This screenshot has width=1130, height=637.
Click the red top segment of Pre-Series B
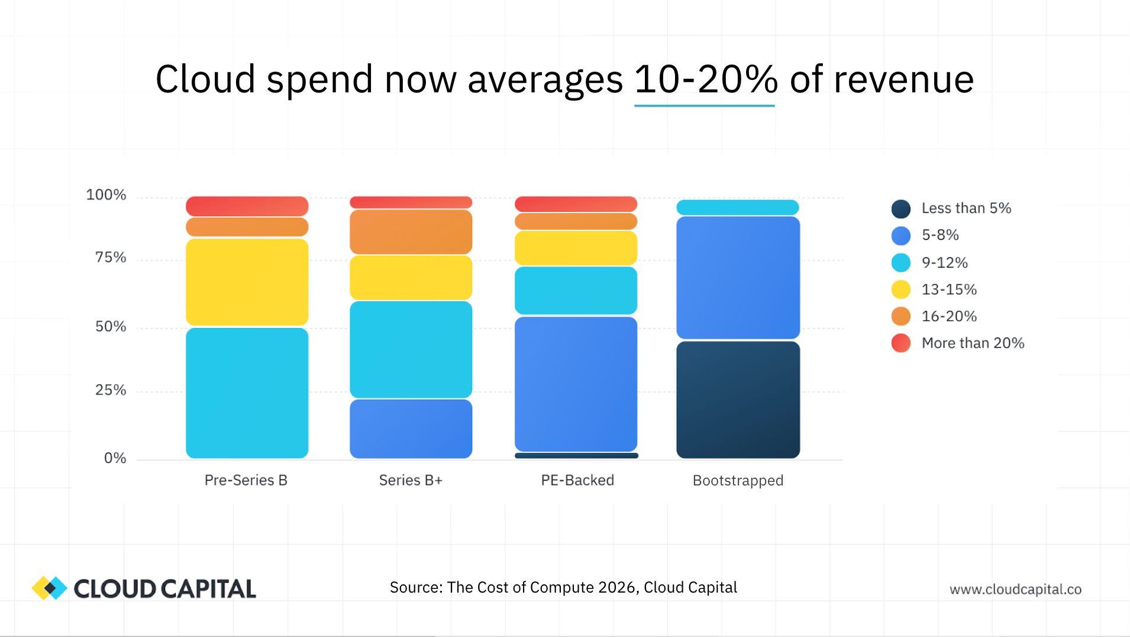pyautogui.click(x=247, y=206)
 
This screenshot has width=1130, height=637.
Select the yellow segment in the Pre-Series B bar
pyautogui.click(x=247, y=282)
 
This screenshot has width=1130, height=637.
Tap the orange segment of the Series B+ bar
pyautogui.click(x=411, y=232)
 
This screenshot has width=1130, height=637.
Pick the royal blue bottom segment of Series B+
pyautogui.click(x=411, y=429)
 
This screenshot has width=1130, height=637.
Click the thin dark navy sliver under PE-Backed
pyautogui.click(x=576, y=455)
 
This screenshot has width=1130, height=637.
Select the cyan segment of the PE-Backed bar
pyautogui.click(x=576, y=290)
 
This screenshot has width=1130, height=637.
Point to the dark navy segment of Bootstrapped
pyautogui.click(x=738, y=400)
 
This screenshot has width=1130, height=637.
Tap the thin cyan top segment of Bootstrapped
pyautogui.click(x=737, y=207)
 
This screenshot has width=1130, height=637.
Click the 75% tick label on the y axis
pyautogui.click(x=111, y=258)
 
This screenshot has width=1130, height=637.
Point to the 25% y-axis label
pyautogui.click(x=111, y=390)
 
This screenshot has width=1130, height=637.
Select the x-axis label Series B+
pyautogui.click(x=411, y=480)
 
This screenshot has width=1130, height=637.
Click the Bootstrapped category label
pyautogui.click(x=738, y=480)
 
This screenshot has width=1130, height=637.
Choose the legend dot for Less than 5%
pyautogui.click(x=900, y=208)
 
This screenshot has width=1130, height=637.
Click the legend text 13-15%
pyautogui.click(x=949, y=289)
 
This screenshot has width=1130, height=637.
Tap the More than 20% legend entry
pyautogui.click(x=973, y=343)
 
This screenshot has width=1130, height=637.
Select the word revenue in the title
pyautogui.click(x=903, y=79)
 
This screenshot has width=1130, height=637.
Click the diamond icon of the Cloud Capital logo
pyautogui.click(x=50, y=588)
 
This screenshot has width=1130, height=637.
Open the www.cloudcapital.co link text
pyautogui.click(x=1015, y=589)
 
